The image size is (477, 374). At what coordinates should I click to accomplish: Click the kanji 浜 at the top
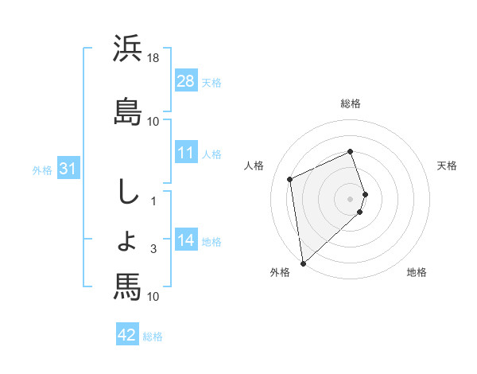point(127,49)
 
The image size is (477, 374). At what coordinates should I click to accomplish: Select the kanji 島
point(127,111)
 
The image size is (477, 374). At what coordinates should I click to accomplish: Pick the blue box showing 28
point(186,80)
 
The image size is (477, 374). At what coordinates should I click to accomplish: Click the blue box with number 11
point(186,153)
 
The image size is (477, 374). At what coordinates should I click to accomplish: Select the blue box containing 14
point(186,240)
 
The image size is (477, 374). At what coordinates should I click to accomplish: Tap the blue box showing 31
point(68,169)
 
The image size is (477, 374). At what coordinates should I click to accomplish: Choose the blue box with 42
point(127,335)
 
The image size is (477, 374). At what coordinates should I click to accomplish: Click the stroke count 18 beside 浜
point(153,58)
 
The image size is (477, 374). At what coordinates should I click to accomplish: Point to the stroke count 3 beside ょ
point(153,249)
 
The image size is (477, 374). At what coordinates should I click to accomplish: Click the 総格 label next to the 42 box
point(153,337)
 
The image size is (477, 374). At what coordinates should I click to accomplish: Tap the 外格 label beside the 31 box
point(42,169)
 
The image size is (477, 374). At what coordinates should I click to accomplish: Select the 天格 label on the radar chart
point(447,166)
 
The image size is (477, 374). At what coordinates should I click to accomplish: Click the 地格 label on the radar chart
point(417,272)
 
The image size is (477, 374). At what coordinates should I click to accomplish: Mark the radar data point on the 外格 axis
point(303,263)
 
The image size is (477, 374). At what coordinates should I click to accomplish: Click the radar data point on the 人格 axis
point(290,179)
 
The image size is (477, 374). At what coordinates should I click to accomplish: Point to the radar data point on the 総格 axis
point(351,152)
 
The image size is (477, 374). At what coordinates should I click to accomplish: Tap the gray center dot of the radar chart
point(351,198)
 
